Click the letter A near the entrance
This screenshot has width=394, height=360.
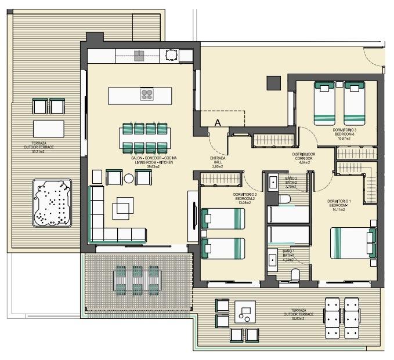click(x=218, y=123)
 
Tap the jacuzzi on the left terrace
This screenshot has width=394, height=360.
click(x=52, y=203)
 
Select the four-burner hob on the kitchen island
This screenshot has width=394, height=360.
click(x=147, y=94)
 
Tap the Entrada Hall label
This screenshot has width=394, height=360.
click(x=218, y=162)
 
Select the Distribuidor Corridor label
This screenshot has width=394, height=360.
click(x=304, y=158)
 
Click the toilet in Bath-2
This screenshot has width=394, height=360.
click(x=285, y=199)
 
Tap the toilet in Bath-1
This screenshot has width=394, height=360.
click(x=295, y=274)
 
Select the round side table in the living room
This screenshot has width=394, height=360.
click(x=129, y=178)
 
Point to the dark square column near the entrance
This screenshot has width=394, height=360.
click(x=273, y=83)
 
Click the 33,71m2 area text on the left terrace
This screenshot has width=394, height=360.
click(x=44, y=152)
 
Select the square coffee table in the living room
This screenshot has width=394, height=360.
click(x=122, y=207)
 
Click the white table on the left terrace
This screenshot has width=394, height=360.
click(x=49, y=128)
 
